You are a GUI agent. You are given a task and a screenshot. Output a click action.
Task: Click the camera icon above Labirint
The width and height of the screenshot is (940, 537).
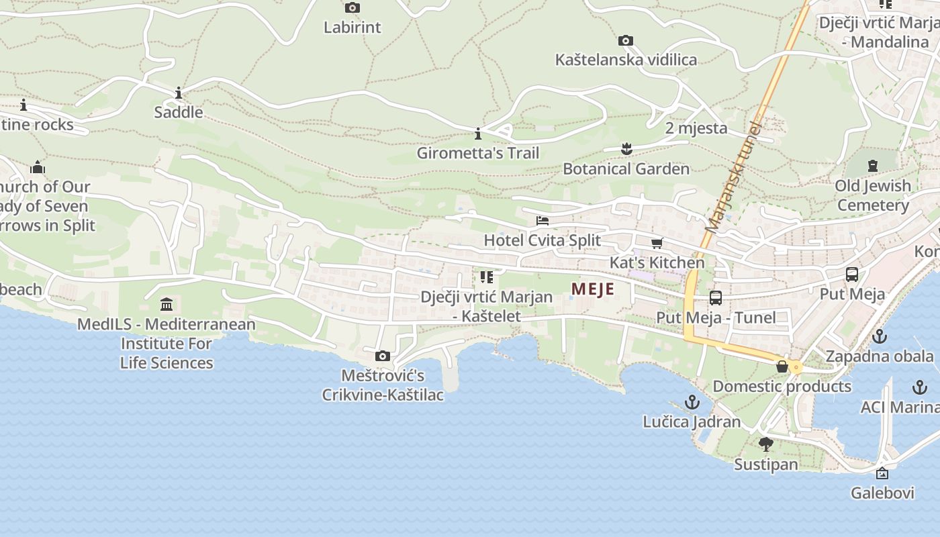click(352, 8)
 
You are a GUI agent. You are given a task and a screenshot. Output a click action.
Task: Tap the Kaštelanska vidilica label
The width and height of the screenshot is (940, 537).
click(626, 60)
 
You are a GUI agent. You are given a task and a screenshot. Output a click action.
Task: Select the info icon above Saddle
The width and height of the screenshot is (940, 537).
click(179, 93)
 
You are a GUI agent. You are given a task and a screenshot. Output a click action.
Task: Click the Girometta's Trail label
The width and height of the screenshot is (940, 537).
click(477, 153)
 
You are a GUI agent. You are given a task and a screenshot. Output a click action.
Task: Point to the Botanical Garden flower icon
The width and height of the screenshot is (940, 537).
click(626, 148)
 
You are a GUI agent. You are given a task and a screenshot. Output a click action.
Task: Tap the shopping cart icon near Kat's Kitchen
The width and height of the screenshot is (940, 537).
click(657, 243)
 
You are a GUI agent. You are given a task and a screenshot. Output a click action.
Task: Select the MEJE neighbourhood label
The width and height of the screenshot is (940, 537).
click(593, 289)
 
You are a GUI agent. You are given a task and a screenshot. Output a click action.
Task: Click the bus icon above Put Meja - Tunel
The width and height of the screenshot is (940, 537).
click(716, 297)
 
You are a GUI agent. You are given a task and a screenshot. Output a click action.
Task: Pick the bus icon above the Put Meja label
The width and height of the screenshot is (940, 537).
click(851, 274)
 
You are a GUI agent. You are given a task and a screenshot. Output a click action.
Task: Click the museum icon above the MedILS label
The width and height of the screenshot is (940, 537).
click(167, 305)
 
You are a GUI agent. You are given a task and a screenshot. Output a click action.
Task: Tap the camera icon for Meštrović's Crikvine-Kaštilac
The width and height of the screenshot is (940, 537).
click(382, 356)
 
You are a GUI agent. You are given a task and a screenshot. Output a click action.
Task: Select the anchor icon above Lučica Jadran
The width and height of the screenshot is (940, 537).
click(692, 402)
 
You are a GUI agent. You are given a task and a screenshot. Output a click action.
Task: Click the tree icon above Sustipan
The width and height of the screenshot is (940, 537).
click(765, 444)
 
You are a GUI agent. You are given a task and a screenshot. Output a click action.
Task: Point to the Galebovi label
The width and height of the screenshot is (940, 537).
click(882, 493)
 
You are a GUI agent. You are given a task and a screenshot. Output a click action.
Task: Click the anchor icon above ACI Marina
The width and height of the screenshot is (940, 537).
click(919, 387)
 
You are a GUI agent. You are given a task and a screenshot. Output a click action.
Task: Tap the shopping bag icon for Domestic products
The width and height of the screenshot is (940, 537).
click(782, 367)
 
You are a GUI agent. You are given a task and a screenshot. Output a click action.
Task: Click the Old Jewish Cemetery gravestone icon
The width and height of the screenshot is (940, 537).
click(872, 165)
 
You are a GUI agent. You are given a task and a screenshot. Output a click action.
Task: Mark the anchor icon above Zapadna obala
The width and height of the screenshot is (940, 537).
click(879, 336)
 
